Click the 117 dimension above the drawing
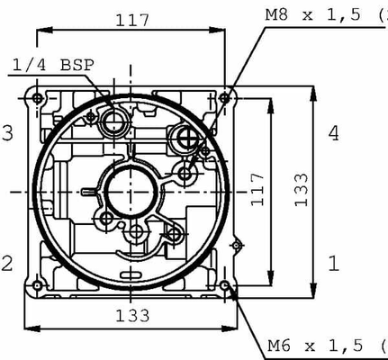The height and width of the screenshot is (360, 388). click(130, 19)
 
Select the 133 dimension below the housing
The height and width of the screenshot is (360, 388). click(131, 314)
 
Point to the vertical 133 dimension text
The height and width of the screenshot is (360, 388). click(302, 189)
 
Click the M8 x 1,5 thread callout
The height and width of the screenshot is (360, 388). click(325, 15)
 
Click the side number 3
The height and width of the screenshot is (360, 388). click(7, 134)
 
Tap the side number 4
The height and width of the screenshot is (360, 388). click(334, 134)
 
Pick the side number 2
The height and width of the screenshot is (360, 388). click(7, 263)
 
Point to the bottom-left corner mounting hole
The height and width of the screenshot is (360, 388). click(36, 287)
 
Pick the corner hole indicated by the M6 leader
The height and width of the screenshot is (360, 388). click(225, 287)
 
